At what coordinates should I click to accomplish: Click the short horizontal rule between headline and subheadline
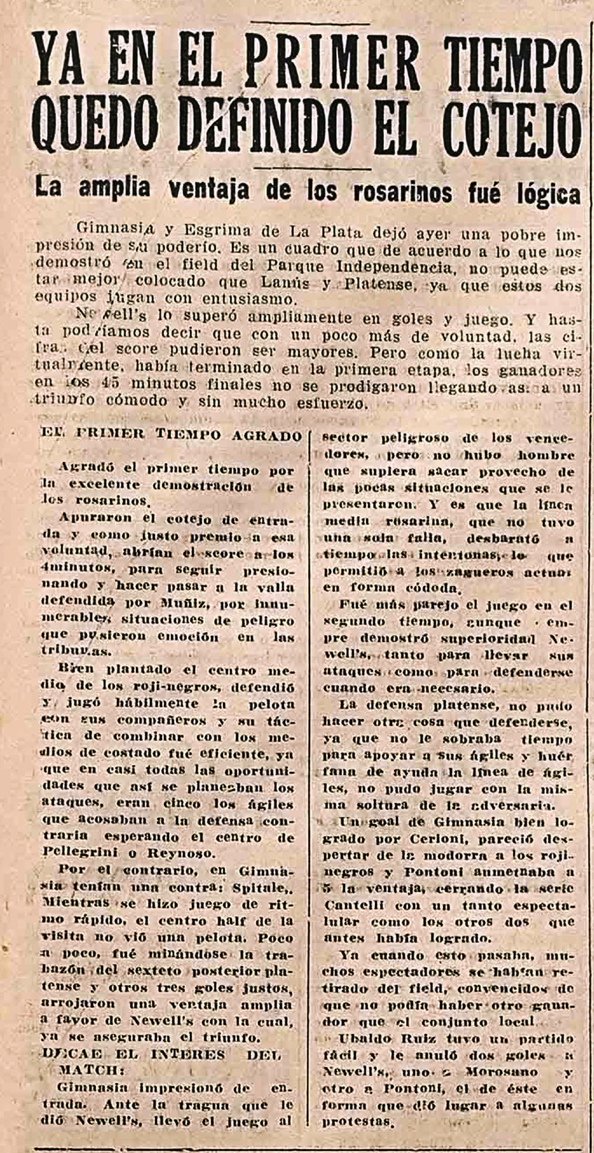[312, 169]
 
